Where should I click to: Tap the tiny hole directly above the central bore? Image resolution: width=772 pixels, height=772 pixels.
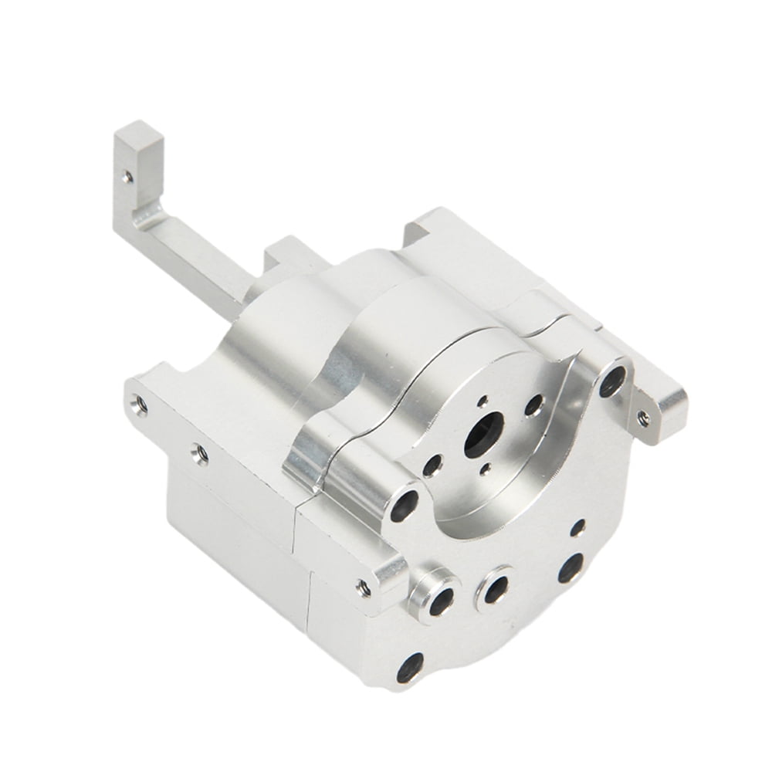click(482, 401)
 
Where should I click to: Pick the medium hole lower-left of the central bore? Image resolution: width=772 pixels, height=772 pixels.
click(433, 465)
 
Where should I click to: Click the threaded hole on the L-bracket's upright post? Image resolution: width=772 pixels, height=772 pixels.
click(127, 177)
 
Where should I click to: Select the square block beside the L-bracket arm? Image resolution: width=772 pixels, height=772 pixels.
click(285, 254)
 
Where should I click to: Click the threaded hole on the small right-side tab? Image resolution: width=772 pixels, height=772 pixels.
click(643, 418)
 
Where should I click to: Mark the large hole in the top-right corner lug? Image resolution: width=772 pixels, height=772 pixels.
click(612, 381)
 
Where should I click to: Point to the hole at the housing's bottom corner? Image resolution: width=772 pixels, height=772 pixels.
click(409, 667)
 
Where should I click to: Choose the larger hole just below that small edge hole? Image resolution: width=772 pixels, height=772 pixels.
click(571, 567)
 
